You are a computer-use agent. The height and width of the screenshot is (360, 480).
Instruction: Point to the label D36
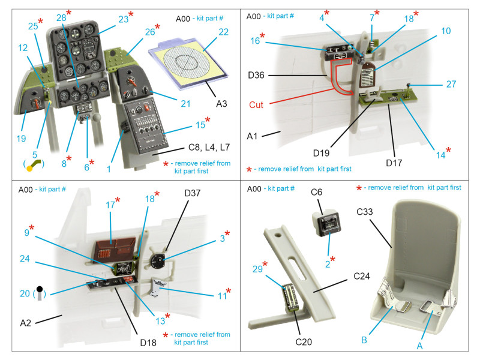click(259, 75)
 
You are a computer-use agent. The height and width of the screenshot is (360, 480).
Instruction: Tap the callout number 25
click(34, 25)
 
